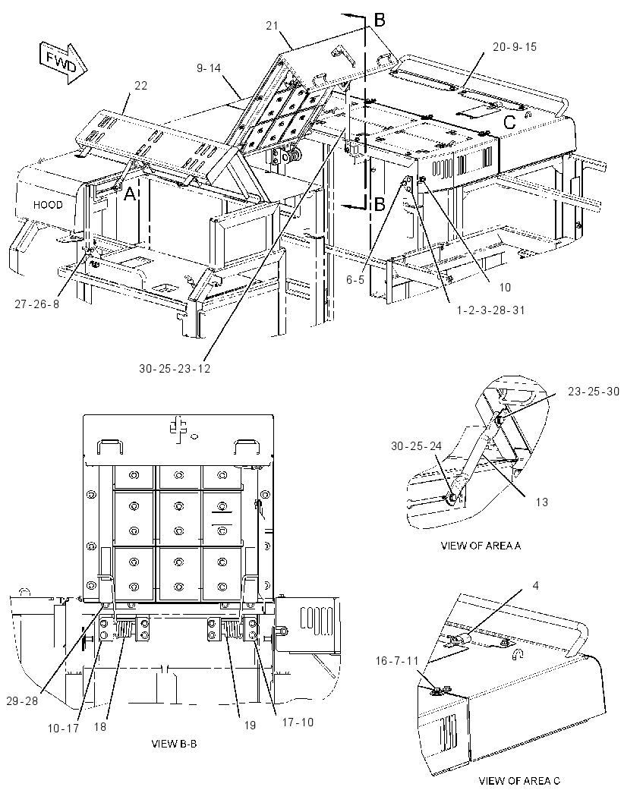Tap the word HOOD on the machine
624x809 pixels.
(48, 205)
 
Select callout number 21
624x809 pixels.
(273, 25)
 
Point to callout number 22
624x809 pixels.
(141, 86)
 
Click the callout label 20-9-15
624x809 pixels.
(515, 47)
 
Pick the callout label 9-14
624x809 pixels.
(209, 68)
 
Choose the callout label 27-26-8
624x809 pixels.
(36, 304)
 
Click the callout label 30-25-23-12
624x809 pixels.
(175, 368)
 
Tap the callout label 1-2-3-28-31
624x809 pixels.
(490, 310)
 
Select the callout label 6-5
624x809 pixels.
(355, 279)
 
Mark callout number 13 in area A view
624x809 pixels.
(541, 502)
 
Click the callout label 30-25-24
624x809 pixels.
(417, 446)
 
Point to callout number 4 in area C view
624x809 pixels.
(536, 586)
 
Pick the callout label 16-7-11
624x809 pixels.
(397, 660)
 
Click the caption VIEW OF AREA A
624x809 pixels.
(481, 546)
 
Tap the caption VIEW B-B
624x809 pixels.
(174, 744)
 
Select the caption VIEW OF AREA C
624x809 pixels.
(519, 781)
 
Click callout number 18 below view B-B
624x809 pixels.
(99, 726)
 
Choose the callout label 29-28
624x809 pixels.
(22, 700)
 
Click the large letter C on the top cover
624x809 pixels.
(509, 123)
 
